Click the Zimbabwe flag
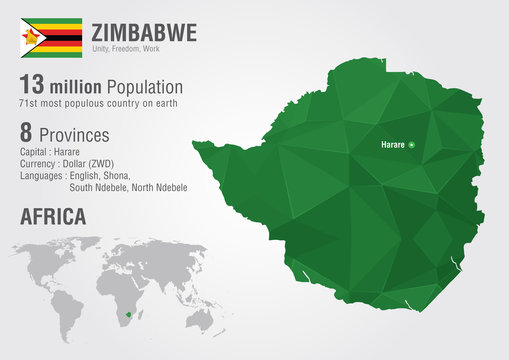coord(52,37)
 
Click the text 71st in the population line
coord(29,105)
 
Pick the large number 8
coord(27,133)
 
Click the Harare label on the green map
coord(392,146)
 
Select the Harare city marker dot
coord(411,146)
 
